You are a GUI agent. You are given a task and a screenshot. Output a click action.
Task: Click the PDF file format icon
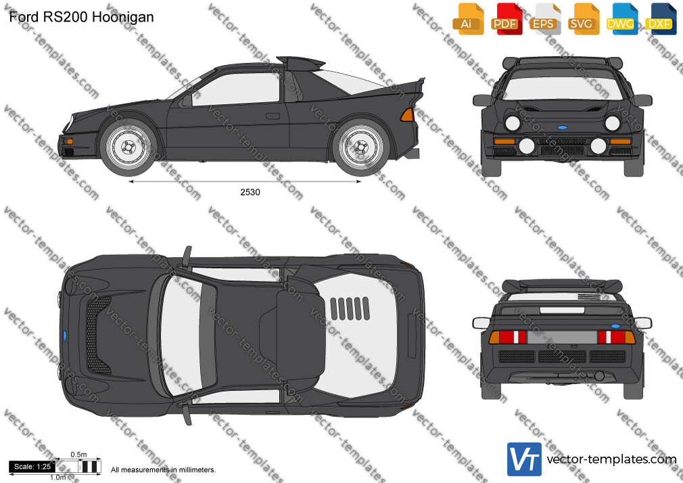click(506, 19)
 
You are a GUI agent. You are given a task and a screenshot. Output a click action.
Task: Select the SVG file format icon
click(582, 19)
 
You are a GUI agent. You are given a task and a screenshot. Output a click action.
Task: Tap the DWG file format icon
click(621, 19)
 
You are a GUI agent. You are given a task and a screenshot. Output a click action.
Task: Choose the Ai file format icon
click(468, 19)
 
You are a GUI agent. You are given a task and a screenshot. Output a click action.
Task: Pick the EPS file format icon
click(544, 19)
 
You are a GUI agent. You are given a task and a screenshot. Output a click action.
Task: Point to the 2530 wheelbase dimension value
click(250, 192)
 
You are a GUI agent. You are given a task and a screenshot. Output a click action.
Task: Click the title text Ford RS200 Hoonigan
click(81, 17)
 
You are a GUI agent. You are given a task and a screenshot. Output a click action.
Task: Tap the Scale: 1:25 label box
click(32, 467)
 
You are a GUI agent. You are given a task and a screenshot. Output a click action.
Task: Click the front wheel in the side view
click(128, 147)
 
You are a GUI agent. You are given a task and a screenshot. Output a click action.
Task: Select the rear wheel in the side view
click(360, 147)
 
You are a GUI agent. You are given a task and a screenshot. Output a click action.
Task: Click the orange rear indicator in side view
click(407, 114)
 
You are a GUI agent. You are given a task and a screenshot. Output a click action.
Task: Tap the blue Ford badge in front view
click(563, 128)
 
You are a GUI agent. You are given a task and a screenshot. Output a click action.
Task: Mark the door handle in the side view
click(273, 116)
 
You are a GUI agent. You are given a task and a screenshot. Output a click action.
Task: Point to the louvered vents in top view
click(350, 308)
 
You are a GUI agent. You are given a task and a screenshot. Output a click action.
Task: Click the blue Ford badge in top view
click(65, 336)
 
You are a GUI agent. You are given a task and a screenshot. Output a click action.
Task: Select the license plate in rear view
click(562, 337)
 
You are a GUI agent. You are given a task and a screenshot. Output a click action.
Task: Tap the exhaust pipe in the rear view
click(599, 375)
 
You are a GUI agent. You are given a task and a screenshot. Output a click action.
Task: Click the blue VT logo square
click(525, 459)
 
